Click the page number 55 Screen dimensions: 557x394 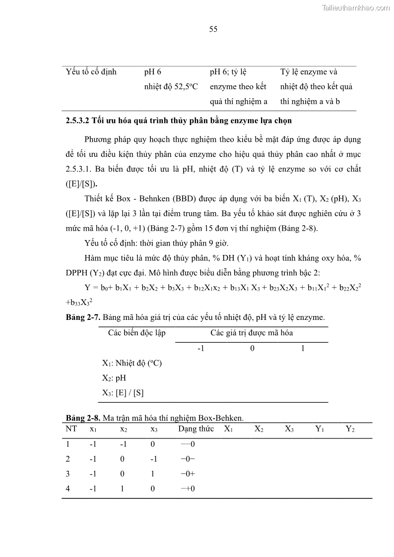[213, 29]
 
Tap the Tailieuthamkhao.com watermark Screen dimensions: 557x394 [356, 7]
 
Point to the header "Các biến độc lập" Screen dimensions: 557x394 [137, 333]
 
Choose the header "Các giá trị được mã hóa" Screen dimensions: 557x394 [252, 333]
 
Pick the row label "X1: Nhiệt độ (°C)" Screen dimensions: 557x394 [132, 363]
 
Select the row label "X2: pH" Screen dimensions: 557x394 [114, 378]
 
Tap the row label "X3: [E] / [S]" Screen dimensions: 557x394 [123, 393]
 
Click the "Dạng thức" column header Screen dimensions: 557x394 [196, 429]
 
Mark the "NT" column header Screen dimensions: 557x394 [71, 429]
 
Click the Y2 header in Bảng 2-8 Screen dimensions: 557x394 [350, 429]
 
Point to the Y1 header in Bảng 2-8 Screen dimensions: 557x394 [320, 429]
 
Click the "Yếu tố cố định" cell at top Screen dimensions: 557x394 [91, 72]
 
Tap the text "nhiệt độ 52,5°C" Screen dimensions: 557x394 [171, 87]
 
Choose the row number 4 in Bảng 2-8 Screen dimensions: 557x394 [68, 489]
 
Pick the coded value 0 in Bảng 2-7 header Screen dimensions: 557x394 [252, 348]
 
